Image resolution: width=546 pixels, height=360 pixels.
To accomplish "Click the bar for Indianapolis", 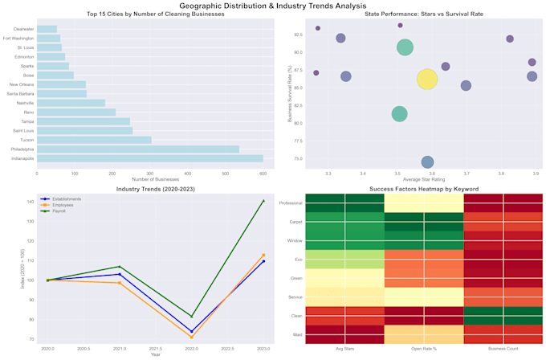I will coord(149,158).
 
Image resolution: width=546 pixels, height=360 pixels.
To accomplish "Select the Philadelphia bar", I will coord(137,149).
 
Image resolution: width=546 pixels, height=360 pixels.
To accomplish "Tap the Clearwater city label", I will coord(24,29).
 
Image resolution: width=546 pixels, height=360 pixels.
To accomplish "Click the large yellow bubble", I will coord(427,79).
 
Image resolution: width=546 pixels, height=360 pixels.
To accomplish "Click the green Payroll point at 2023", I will coord(263,200).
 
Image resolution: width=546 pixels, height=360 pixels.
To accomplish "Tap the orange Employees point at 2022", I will coord(191,337).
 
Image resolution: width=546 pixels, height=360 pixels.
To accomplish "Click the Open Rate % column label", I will coord(424,348).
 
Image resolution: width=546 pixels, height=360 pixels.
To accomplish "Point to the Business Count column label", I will coord(503,348).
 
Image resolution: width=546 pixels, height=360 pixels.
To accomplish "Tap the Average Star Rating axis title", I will coord(425,178).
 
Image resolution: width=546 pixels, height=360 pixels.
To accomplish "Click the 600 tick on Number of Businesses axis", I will coord(262,172).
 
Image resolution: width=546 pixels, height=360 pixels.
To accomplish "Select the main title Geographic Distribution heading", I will coord(273,6).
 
